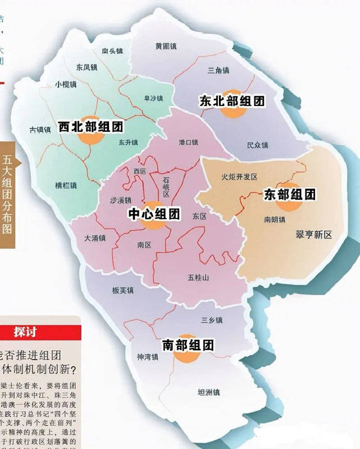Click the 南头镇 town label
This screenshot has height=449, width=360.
pyautogui.click(x=112, y=51)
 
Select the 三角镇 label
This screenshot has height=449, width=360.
pyautogui.click(x=218, y=71)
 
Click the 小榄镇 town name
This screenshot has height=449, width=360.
pyautogui.click(x=66, y=85)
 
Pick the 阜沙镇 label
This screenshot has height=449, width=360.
pyautogui.click(x=153, y=98)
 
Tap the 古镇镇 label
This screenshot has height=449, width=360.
pyautogui.click(x=40, y=130)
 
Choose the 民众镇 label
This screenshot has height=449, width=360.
pyautogui.click(x=258, y=145)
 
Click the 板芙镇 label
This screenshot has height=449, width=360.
pyautogui.click(x=122, y=291)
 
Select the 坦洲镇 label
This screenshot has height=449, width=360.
pyautogui.click(x=208, y=392)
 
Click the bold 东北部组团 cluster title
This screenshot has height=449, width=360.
pyautogui.click(x=232, y=102)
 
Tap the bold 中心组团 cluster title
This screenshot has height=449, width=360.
pyautogui.click(x=154, y=214)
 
